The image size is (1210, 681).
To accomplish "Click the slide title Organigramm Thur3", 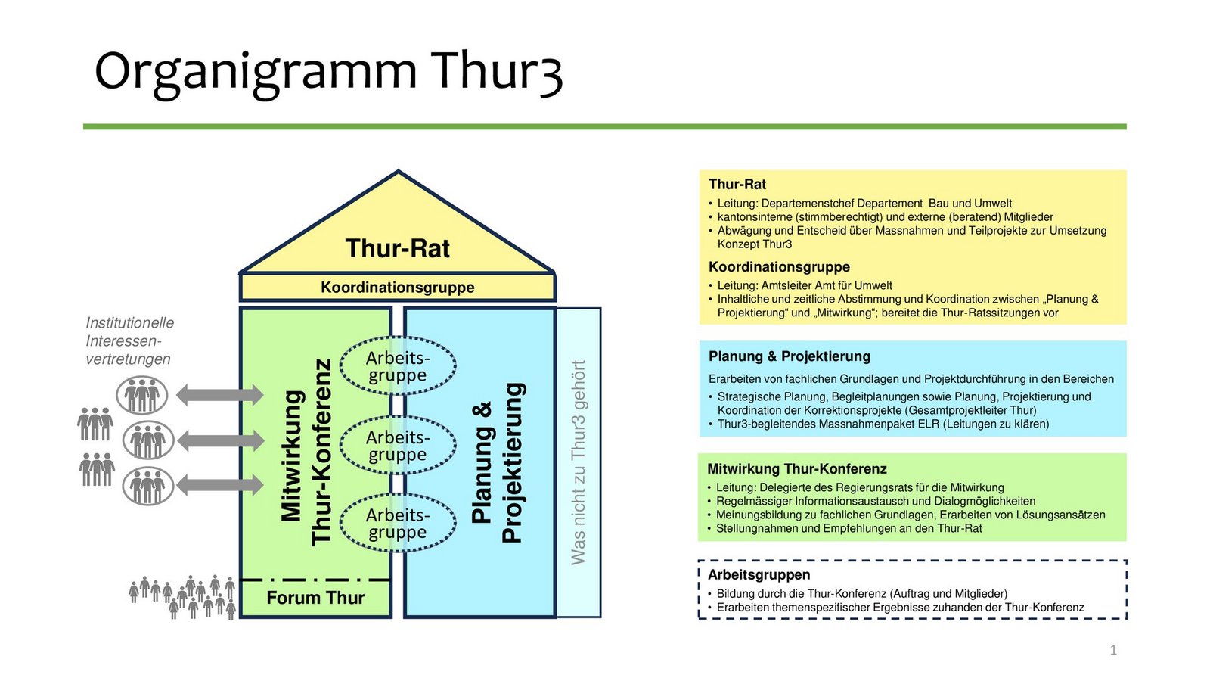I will point(328,72).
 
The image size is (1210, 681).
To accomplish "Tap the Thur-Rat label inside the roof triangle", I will point(398,248).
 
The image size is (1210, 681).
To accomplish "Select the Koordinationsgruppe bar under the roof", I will point(398,288).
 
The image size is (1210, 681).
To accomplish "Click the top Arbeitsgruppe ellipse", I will point(398,366).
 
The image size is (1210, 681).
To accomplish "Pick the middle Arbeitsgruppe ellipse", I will point(398,446).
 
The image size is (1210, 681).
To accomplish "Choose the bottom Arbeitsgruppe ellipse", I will point(398,524).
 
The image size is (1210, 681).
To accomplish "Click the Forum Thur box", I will point(315,598).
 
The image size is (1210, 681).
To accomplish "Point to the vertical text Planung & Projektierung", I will point(497,462).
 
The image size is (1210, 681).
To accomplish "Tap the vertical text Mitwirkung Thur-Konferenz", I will point(306,452).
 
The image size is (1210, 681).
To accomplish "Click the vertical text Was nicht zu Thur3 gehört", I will point(579,462).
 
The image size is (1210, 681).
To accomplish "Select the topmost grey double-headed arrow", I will point(220,394).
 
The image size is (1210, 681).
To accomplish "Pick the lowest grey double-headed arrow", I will point(220,484).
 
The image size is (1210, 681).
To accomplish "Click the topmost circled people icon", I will point(141,395).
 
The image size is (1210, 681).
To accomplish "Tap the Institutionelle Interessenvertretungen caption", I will point(129,340).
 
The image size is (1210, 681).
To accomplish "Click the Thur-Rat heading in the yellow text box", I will point(737,184).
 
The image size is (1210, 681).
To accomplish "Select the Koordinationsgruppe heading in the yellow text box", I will point(779,267).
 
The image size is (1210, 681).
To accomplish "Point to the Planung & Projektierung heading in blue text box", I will point(789,356).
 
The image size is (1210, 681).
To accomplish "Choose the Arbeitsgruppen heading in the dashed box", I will point(759,575).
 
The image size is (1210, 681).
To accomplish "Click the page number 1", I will point(1113,650).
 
